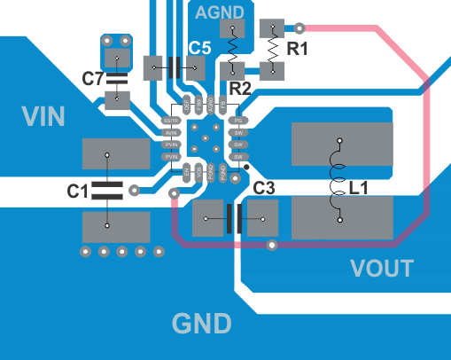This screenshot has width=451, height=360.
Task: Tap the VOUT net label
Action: (381, 268)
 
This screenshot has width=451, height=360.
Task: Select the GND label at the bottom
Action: (201, 322)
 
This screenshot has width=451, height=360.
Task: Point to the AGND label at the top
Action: (220, 12)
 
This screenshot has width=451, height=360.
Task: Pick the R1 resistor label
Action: (297, 50)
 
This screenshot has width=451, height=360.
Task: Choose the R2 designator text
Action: (241, 89)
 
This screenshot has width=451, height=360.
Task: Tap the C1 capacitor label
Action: (78, 190)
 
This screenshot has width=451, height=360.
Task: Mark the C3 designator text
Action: (264, 188)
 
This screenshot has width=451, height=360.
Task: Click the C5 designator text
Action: (200, 49)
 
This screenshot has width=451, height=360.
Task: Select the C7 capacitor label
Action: (93, 79)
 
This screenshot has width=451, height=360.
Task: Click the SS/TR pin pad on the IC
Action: (171, 121)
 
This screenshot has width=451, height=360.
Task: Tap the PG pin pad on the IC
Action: (237, 121)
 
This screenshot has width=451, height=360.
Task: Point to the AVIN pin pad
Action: (171, 132)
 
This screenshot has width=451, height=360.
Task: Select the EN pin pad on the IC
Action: (187, 171)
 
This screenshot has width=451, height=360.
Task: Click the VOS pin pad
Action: (198, 171)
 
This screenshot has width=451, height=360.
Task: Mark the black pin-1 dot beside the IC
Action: (246, 167)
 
